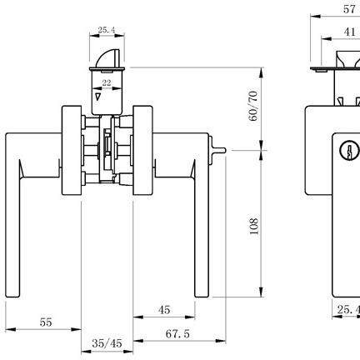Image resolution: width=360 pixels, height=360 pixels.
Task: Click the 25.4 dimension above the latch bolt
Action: tap(106, 30)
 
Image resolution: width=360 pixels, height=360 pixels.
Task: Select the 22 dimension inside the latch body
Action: tap(107, 82)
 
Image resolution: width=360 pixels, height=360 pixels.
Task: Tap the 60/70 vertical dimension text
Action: tap(253, 106)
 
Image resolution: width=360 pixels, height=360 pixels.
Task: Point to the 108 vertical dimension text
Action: tap(254, 227)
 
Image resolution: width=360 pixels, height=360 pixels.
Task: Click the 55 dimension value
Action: tap(46, 322)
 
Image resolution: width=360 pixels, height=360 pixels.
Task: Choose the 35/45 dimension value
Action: tap(107, 343)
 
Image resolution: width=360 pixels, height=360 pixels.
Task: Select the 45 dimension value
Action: tap(164, 310)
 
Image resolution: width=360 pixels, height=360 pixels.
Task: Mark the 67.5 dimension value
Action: tap(177, 333)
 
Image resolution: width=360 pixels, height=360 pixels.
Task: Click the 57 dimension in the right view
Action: tap(349, 9)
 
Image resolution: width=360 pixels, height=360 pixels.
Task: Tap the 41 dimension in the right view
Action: tap(349, 32)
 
